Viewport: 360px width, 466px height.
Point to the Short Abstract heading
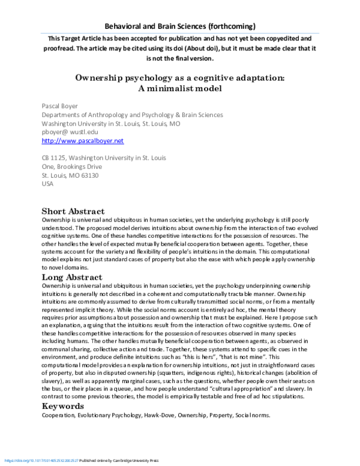[x=73, y=211]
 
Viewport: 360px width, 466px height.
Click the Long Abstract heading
[x=72, y=277]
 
